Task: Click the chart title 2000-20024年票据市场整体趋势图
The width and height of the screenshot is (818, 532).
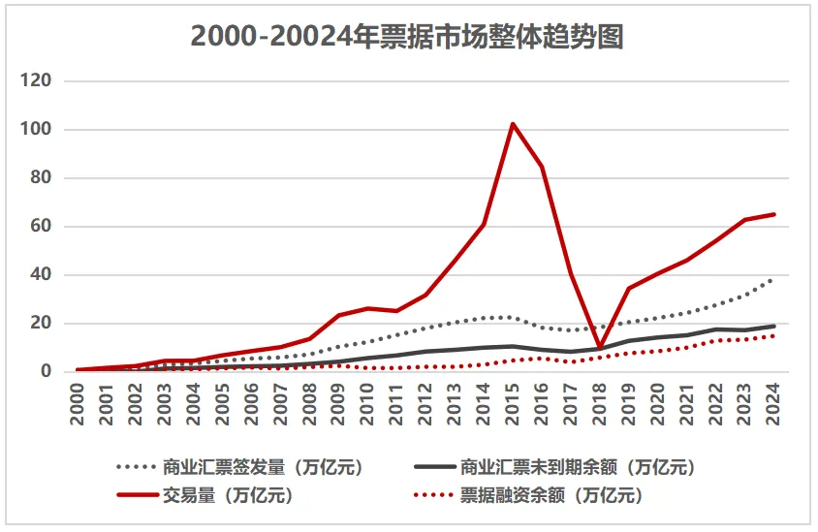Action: [407, 36]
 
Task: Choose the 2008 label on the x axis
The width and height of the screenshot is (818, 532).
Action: [309, 399]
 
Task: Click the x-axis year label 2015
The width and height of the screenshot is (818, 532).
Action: [513, 399]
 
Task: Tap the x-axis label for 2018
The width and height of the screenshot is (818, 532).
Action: [600, 399]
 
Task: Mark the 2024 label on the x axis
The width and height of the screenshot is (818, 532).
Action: [774, 399]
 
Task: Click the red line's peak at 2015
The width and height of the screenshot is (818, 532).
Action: [513, 124]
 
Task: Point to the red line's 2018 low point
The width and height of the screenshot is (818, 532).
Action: [600, 348]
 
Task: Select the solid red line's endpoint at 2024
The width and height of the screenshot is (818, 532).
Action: [774, 214]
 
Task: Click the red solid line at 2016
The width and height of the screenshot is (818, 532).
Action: [542, 167]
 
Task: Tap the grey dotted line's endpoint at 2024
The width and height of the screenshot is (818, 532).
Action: [774, 280]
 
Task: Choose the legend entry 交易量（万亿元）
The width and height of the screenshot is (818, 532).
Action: [204, 496]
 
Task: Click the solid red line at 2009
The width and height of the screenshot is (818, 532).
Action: [338, 315]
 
